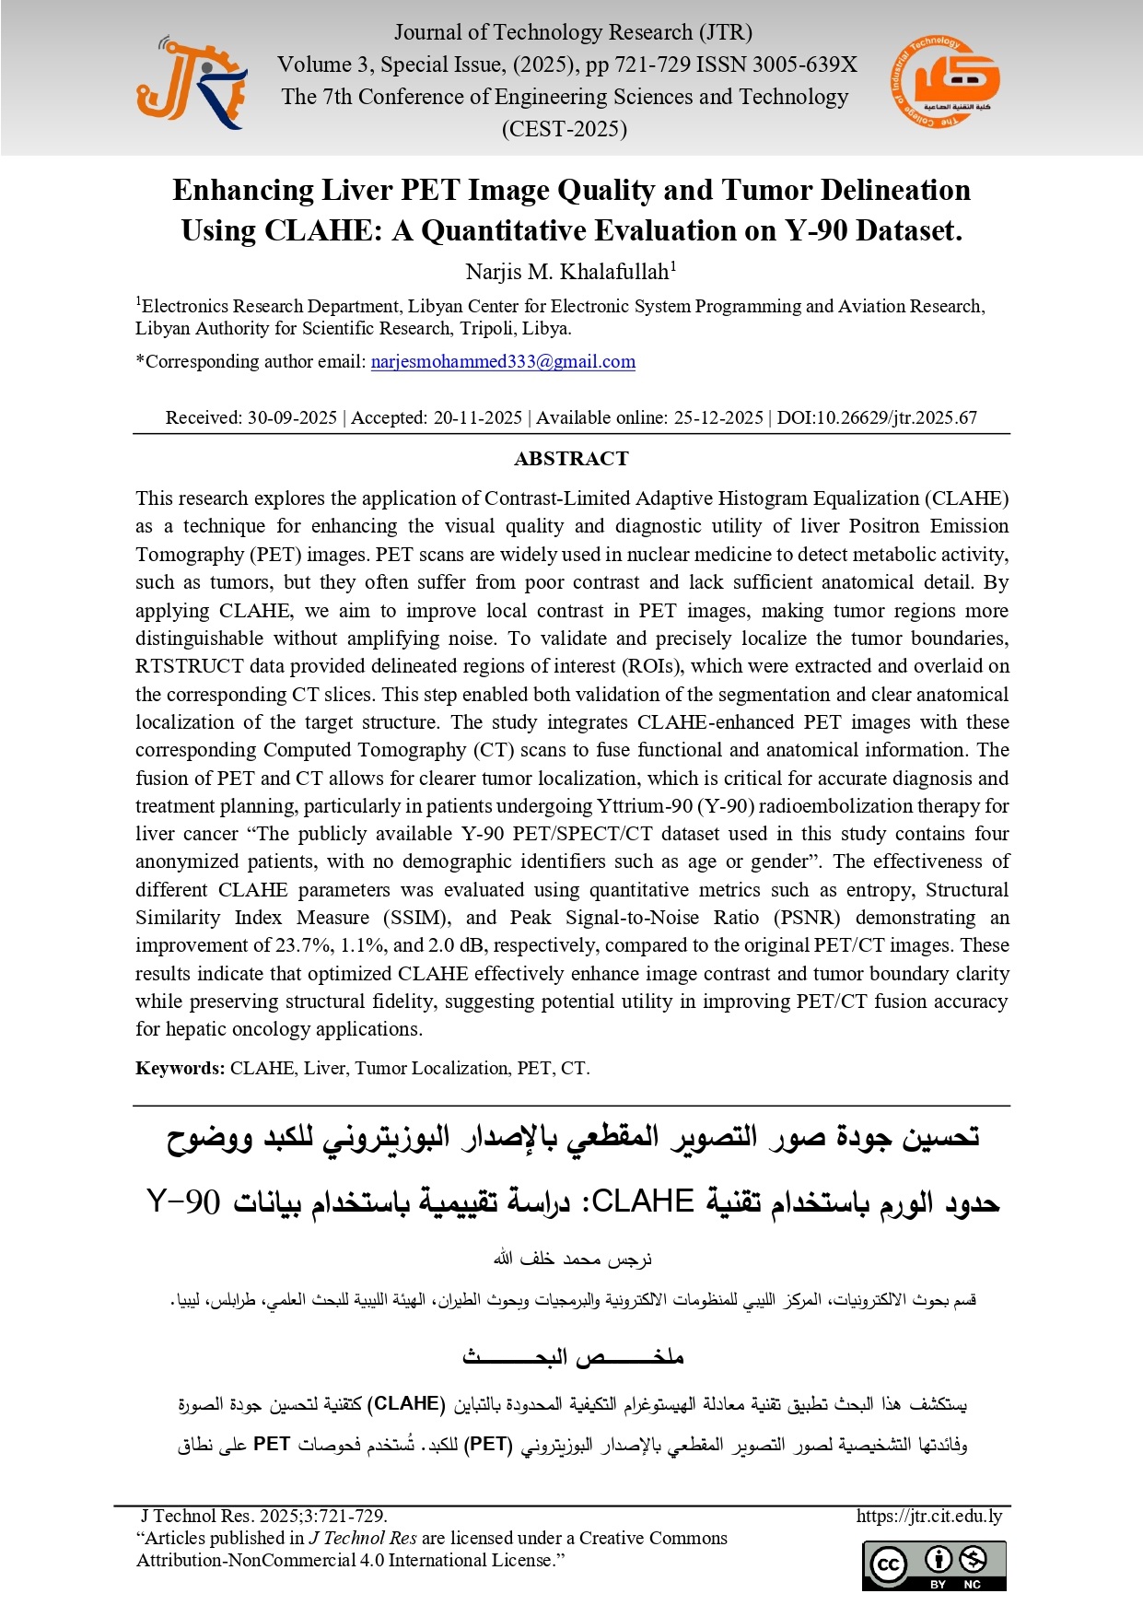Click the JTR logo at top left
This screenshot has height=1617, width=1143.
coord(192,83)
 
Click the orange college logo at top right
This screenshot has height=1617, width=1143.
coord(945,82)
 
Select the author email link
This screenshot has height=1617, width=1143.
coord(503,362)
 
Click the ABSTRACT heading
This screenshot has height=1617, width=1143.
coord(571,459)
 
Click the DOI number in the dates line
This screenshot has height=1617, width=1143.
coord(877,417)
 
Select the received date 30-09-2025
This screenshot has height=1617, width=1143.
coord(292,417)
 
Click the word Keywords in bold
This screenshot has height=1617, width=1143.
coord(180,1068)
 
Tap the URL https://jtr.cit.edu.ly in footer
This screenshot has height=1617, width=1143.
coord(928,1516)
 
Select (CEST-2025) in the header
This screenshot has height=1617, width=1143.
coord(564,129)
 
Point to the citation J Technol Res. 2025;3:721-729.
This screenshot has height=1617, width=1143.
coord(263,1516)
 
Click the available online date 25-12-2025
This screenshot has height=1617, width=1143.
coord(718,417)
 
